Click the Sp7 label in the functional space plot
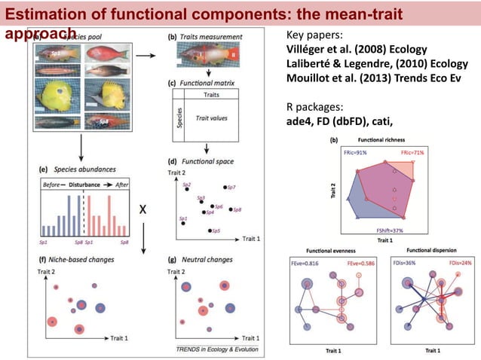[231, 186]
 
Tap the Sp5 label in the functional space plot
[216, 230]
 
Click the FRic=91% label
[356, 153]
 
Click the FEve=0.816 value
[311, 264]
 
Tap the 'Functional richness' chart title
[384, 141]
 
